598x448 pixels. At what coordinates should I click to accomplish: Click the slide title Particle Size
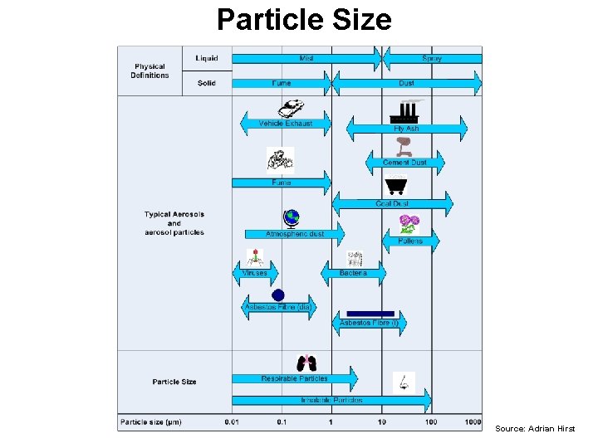click(304, 19)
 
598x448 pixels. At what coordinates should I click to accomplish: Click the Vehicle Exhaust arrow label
click(286, 124)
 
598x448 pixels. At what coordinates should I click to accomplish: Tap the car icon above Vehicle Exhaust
click(291, 108)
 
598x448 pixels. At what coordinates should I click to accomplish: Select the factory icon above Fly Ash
click(407, 110)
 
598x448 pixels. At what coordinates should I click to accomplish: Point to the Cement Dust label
click(405, 163)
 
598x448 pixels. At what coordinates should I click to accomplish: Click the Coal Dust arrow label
click(392, 203)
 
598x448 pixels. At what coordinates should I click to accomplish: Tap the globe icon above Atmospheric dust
click(291, 218)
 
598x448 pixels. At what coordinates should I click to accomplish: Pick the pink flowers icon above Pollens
click(409, 223)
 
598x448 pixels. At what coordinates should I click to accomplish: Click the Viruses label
click(254, 273)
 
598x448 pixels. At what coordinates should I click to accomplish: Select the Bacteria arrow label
click(352, 273)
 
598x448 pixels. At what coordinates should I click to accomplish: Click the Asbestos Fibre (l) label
click(370, 323)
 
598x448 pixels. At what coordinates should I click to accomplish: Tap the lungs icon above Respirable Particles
click(306, 363)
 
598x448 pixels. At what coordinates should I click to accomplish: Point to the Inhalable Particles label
click(331, 401)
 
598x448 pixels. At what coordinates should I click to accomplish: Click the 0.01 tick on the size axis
click(232, 422)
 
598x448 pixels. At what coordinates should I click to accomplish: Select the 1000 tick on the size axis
click(473, 422)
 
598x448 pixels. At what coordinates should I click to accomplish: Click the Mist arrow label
click(306, 59)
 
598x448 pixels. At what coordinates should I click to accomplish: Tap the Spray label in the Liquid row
click(432, 59)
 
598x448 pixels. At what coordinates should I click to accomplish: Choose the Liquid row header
click(207, 58)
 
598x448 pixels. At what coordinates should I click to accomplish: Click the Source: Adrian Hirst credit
click(535, 428)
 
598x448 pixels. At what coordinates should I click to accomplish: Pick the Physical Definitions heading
click(149, 71)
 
